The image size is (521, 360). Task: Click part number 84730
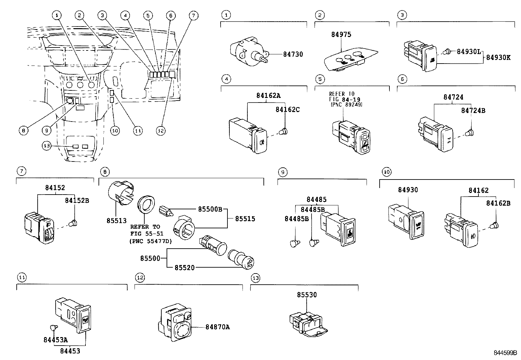(293, 54)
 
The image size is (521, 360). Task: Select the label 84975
(341, 35)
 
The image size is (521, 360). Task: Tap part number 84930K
(498, 57)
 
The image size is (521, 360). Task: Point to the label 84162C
(287, 109)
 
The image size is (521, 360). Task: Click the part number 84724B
(473, 111)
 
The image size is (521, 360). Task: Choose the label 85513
(116, 221)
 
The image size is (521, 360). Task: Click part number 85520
(184, 268)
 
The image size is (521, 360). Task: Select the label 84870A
(217, 327)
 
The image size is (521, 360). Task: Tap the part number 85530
(307, 295)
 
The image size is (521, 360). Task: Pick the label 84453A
(55, 340)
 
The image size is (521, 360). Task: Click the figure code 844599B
(505, 353)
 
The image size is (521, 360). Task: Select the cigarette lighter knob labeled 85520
(242, 259)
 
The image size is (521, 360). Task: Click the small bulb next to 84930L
(447, 52)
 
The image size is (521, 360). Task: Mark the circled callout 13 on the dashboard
(46, 146)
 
